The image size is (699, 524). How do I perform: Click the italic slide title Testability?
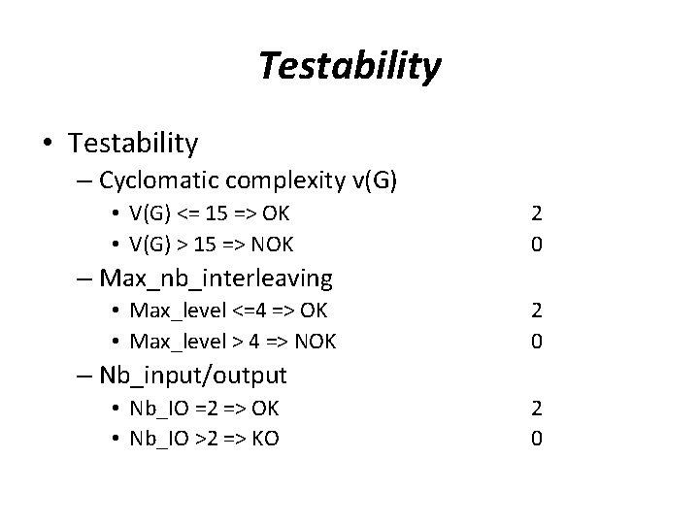point(349,66)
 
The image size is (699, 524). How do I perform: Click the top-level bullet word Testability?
point(133,144)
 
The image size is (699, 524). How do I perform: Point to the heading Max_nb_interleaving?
point(216,279)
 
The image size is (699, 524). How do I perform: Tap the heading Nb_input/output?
point(192,376)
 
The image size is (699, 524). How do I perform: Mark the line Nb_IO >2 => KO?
point(205,438)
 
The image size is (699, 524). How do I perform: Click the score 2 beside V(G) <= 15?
point(537,213)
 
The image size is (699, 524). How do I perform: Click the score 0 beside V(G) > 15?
point(537,244)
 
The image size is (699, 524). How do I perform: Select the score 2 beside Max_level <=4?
point(537,311)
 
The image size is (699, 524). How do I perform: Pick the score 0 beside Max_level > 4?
point(537,342)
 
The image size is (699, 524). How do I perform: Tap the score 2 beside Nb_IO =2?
point(537,408)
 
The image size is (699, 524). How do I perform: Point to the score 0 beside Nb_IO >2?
point(537,438)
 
